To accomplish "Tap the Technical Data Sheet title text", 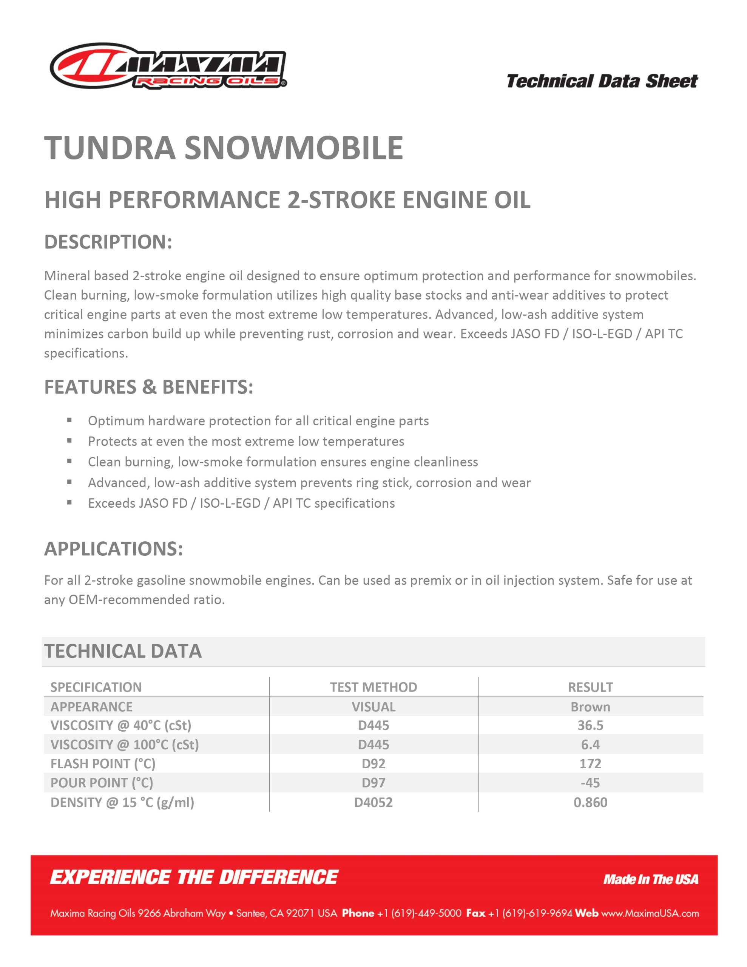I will (602, 82).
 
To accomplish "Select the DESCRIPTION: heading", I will (108, 242).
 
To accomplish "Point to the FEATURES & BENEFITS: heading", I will (149, 387).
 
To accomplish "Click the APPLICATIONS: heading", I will (113, 548).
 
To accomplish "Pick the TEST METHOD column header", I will (373, 687).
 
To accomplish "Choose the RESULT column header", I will (590, 687).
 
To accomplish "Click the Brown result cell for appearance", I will (590, 707).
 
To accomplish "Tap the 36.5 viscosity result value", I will (590, 725).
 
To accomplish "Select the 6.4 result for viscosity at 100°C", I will (590, 744).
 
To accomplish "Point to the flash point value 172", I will (590, 763).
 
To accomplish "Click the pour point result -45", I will (590, 782).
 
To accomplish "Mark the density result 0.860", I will (590, 802).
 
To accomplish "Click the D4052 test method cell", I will (373, 802).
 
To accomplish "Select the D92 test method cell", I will (373, 763).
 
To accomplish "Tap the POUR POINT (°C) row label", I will (102, 782).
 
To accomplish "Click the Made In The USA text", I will (650, 879).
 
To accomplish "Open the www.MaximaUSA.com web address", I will (650, 913).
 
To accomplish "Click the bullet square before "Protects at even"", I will (69, 440).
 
